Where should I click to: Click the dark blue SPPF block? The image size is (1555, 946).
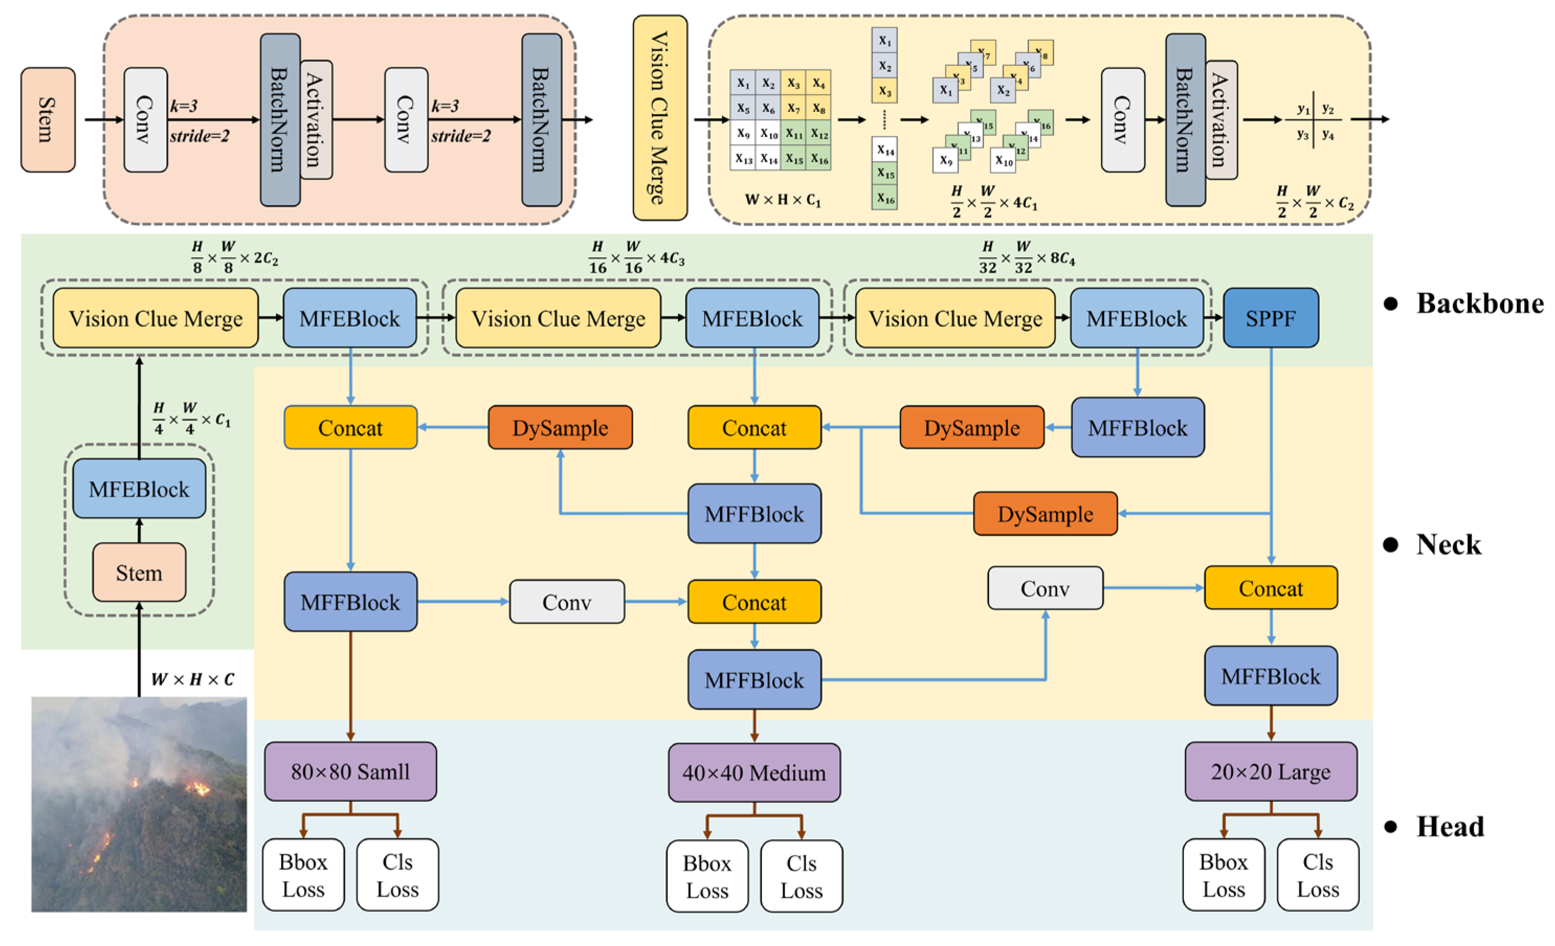1270,318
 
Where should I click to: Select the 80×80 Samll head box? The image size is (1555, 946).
350,771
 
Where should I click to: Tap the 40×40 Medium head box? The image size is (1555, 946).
753,772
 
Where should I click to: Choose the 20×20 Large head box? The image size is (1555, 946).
1270,771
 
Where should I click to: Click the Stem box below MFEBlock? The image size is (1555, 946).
139,572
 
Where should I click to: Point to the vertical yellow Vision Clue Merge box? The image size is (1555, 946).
660,118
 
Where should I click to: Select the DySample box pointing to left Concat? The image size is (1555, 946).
560,428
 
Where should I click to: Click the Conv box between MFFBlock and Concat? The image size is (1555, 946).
567,602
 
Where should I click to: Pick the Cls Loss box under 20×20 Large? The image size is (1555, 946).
1317,875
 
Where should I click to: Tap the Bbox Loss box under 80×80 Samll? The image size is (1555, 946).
303,875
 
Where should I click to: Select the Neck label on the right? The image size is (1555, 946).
1448,544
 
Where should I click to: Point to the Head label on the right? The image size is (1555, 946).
1450,827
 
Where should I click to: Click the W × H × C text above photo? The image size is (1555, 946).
193,680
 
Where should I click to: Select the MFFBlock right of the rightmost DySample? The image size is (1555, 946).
1137,428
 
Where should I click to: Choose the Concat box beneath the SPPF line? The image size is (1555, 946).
1270,588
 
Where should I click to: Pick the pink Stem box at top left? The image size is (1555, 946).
48,120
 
